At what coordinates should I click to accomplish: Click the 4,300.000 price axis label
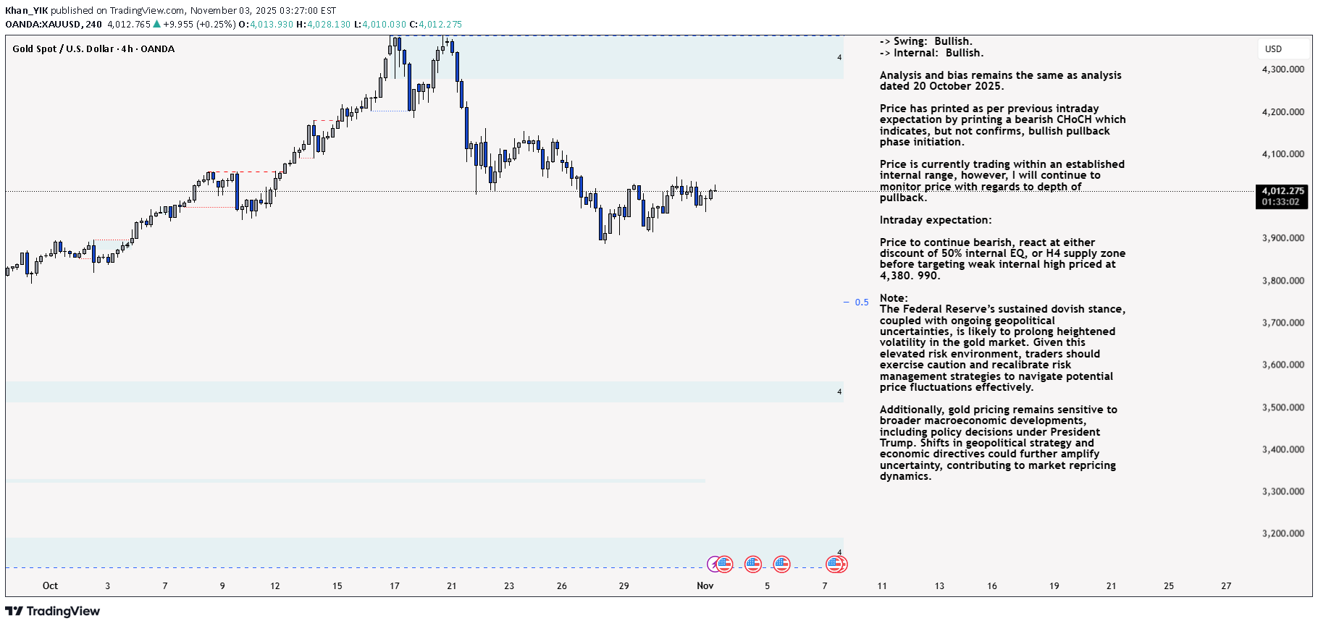click(1283, 69)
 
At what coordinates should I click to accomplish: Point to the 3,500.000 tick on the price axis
click(1283, 407)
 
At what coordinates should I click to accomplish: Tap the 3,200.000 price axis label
click(1283, 533)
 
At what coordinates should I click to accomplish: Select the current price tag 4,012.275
click(1283, 191)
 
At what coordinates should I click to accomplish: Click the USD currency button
click(1273, 49)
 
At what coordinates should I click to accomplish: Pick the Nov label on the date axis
click(705, 585)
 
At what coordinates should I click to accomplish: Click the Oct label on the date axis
click(50, 585)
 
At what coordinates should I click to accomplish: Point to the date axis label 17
click(394, 585)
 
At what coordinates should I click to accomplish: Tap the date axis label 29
click(624, 585)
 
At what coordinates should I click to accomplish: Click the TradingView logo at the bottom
click(53, 612)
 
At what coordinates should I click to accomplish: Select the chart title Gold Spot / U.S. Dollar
click(63, 48)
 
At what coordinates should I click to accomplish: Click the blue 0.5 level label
click(861, 303)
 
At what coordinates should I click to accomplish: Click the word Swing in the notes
click(910, 41)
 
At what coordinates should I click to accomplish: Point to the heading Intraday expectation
click(935, 220)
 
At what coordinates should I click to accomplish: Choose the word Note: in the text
click(893, 298)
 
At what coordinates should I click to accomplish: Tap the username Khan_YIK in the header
click(26, 10)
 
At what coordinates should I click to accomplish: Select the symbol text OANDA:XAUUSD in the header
click(43, 24)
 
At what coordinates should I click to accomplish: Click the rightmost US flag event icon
click(836, 564)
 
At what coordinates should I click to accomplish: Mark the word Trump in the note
click(897, 443)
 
